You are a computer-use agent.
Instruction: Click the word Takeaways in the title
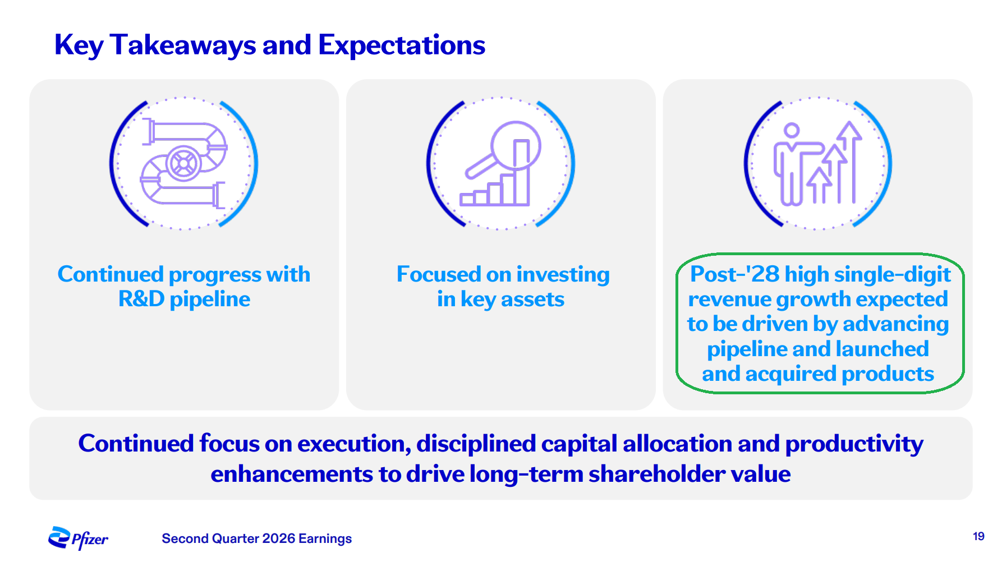183,45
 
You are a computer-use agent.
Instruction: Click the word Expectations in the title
402,45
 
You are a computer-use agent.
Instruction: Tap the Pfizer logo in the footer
78,538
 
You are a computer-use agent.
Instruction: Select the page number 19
978,536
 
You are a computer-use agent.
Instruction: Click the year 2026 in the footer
278,538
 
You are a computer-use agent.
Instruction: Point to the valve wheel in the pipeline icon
183,163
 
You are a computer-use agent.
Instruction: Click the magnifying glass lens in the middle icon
516,145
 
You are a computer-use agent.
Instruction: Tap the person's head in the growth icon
792,131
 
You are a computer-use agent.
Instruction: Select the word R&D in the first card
141,299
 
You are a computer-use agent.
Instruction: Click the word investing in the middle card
563,275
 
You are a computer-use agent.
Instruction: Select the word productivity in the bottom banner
854,444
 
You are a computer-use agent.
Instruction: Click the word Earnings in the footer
325,539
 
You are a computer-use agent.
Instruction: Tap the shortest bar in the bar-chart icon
467,199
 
